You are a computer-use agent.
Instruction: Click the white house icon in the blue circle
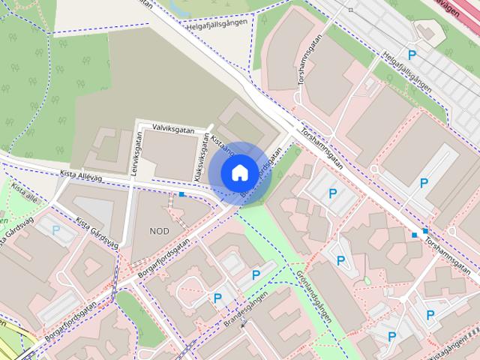[x=238, y=172]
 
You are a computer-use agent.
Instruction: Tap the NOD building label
[x=159, y=230]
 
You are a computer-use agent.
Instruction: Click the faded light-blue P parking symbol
[x=55, y=230]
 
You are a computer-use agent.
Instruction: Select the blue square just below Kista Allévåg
[x=182, y=195]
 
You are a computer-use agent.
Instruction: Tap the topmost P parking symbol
[x=411, y=55]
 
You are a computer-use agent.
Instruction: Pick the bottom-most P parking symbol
[x=391, y=337]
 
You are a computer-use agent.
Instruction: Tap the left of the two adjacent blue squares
[x=414, y=235]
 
